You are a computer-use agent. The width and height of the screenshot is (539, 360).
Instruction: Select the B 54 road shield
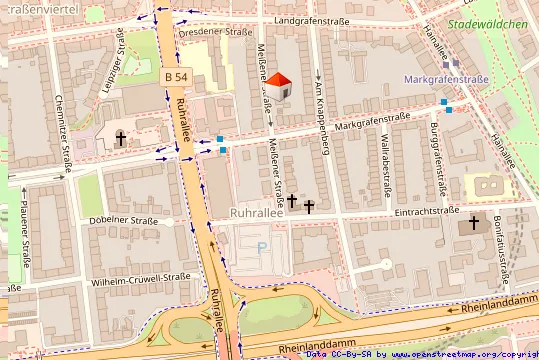coord(174,77)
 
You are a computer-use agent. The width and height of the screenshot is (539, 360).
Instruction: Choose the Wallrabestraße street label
coord(386,164)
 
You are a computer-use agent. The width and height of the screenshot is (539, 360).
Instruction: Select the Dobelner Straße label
coord(125,220)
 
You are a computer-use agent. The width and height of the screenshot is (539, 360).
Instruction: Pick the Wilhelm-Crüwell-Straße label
coord(140,277)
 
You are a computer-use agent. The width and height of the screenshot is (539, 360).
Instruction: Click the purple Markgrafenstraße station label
coord(446,79)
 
